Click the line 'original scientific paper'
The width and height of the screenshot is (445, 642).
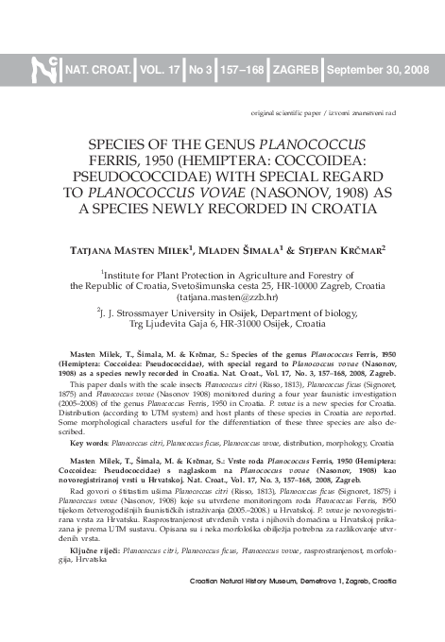pos(287,112)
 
